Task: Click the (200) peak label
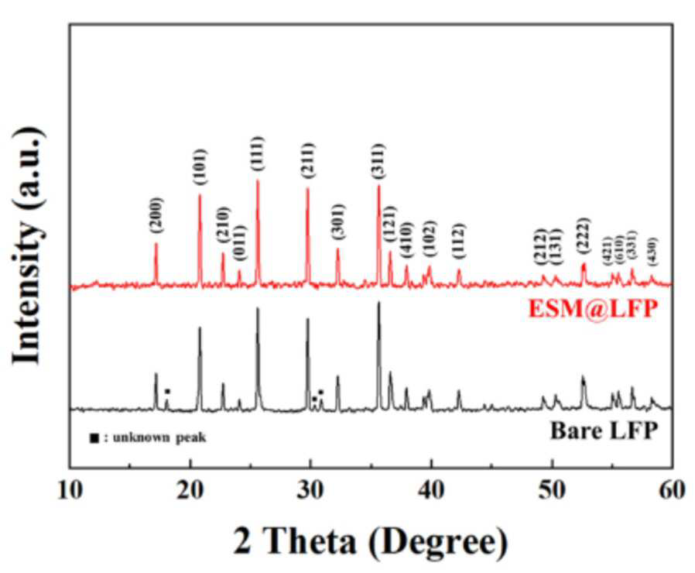(x=156, y=215)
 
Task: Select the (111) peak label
(x=258, y=153)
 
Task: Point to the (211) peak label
(x=308, y=160)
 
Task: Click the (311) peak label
(x=379, y=161)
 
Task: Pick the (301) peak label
(x=338, y=222)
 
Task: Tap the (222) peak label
(x=584, y=235)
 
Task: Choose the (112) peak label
(x=459, y=241)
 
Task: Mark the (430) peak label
(x=652, y=252)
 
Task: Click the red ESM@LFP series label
(x=593, y=309)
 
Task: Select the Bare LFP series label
(x=604, y=431)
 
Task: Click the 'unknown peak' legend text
(x=159, y=437)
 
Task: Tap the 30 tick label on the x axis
(x=310, y=492)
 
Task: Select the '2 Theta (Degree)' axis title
(x=371, y=541)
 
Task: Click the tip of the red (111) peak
(x=258, y=180)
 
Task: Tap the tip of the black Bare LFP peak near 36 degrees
(x=378, y=302)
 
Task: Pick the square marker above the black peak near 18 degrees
(x=167, y=391)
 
